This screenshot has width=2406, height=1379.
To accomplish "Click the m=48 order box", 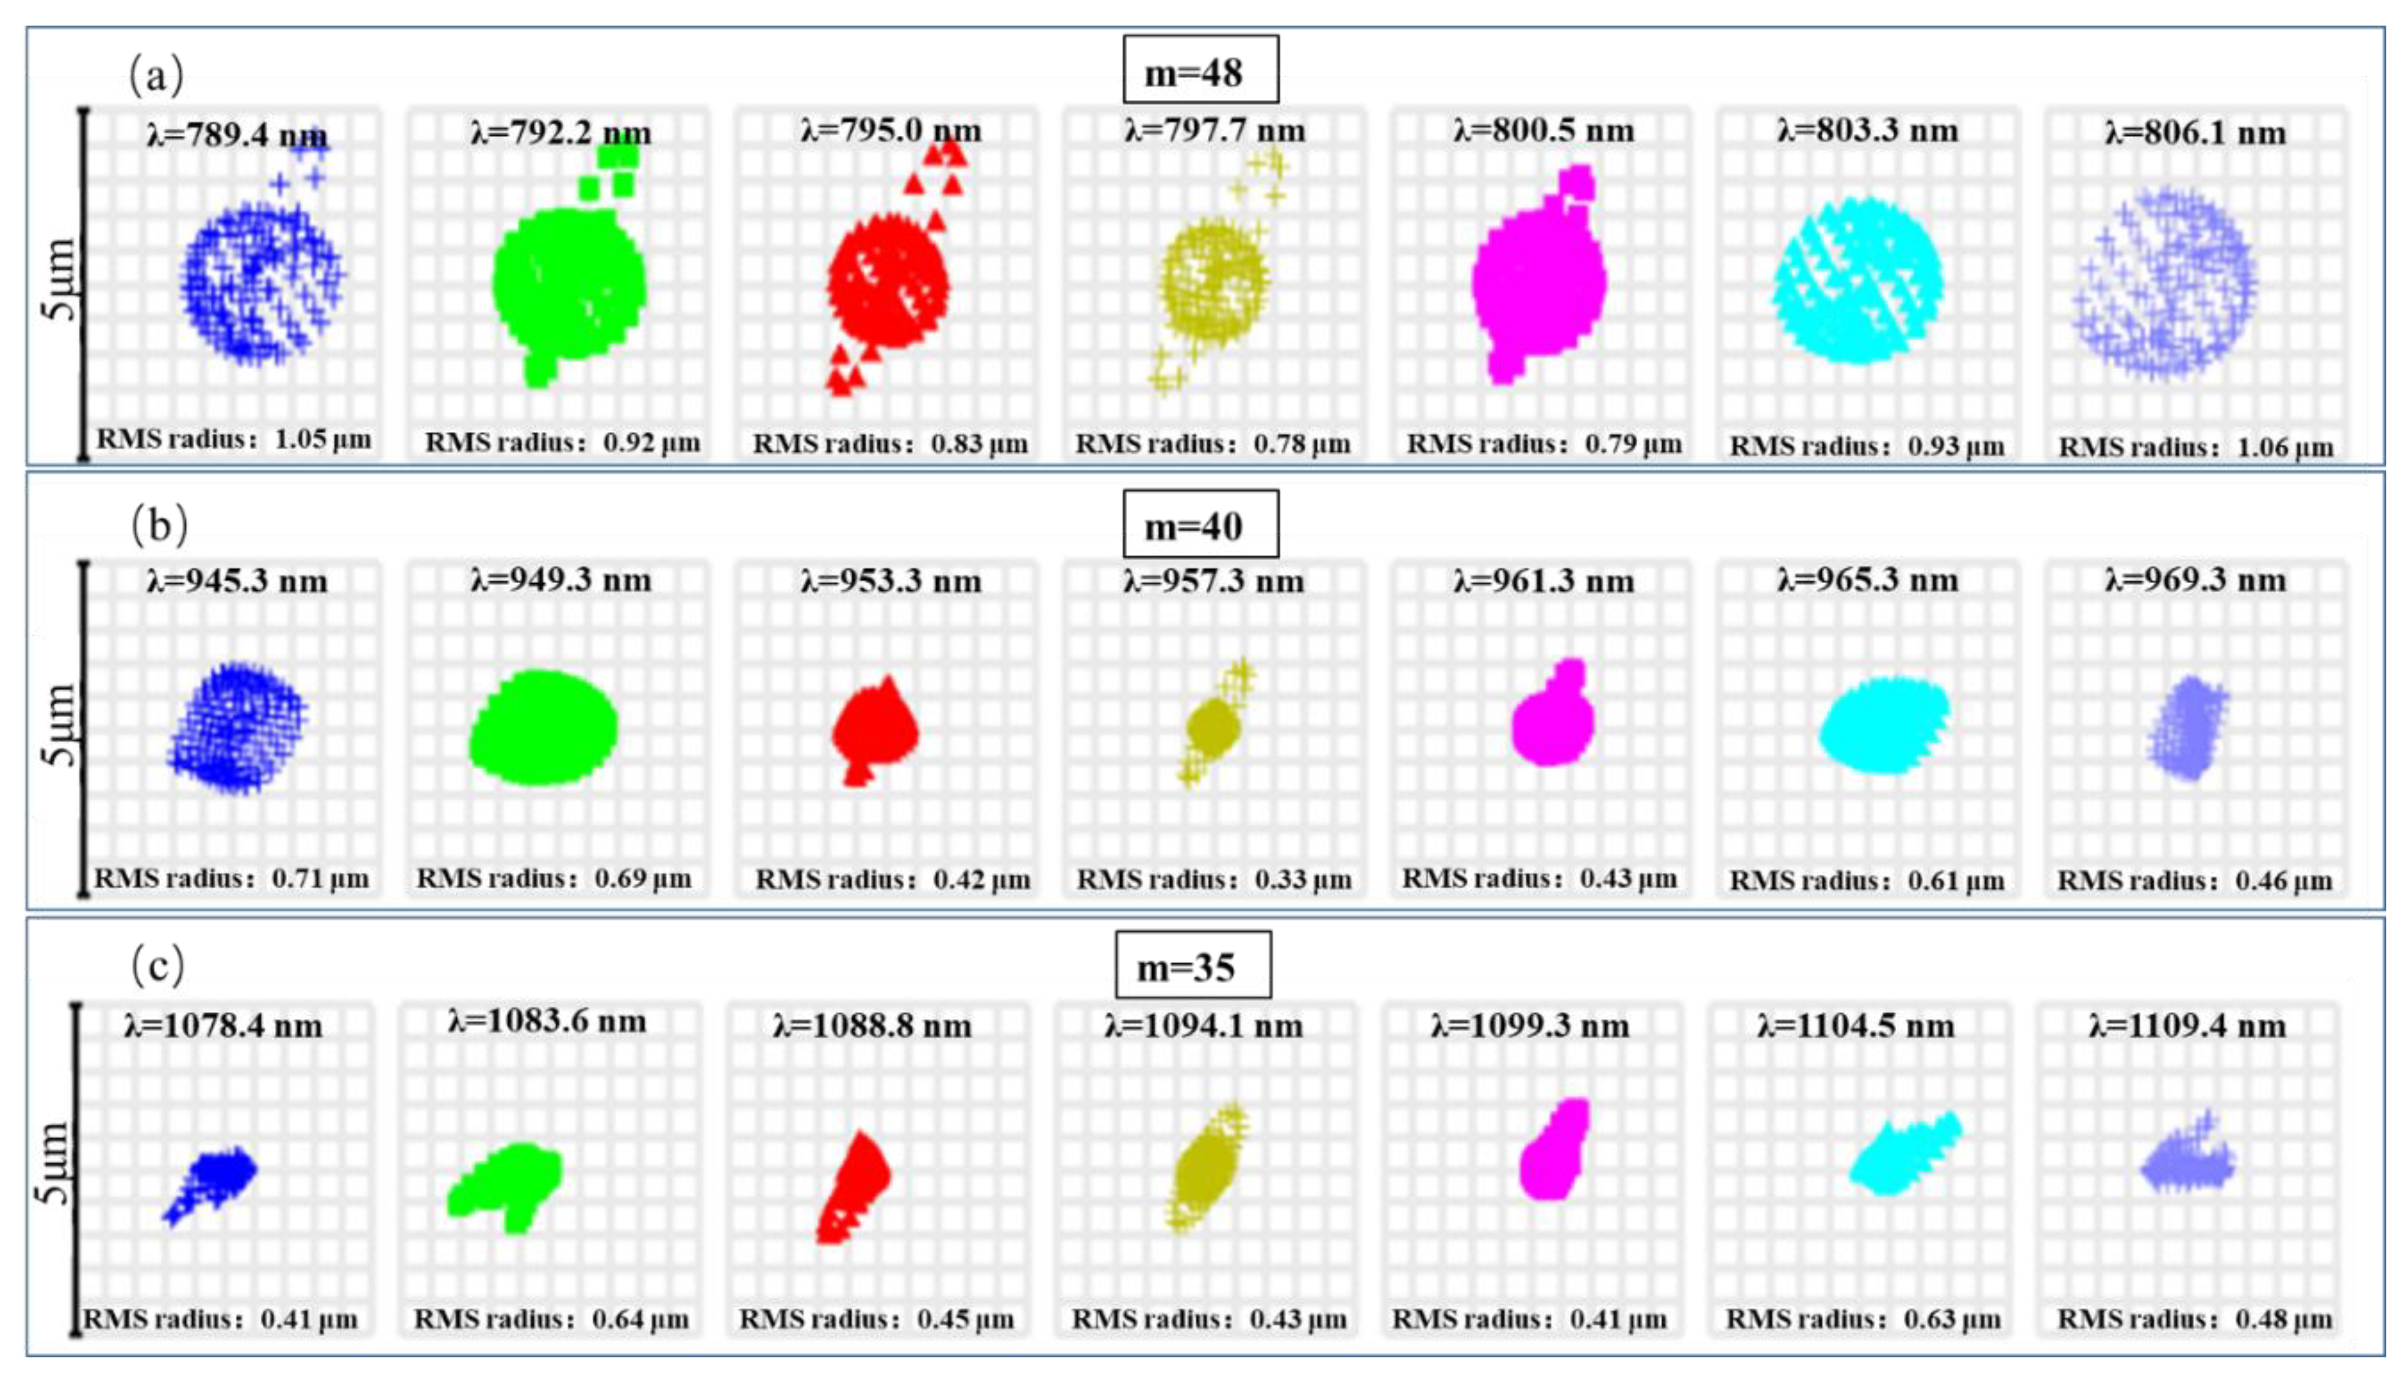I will tap(1199, 70).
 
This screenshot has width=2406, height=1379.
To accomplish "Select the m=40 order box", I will tap(1199, 524).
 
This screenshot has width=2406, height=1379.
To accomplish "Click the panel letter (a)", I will tap(156, 74).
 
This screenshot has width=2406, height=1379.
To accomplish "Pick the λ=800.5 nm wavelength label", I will tap(1543, 131).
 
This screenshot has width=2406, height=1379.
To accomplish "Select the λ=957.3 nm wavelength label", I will tap(1214, 580).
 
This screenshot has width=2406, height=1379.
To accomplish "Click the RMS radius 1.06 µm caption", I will tap(2195, 446).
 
